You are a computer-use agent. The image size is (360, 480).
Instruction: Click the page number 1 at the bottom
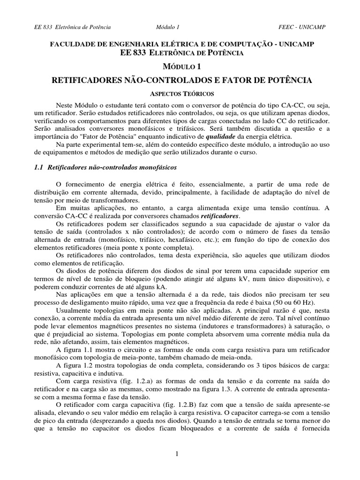(177, 453)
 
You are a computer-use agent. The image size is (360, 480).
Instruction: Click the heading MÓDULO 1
(180, 67)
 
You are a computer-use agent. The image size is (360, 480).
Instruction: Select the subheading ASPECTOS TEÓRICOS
(180, 93)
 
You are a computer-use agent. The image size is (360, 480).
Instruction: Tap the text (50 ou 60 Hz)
(300, 304)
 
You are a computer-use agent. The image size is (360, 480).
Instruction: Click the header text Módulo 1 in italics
(167, 27)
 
